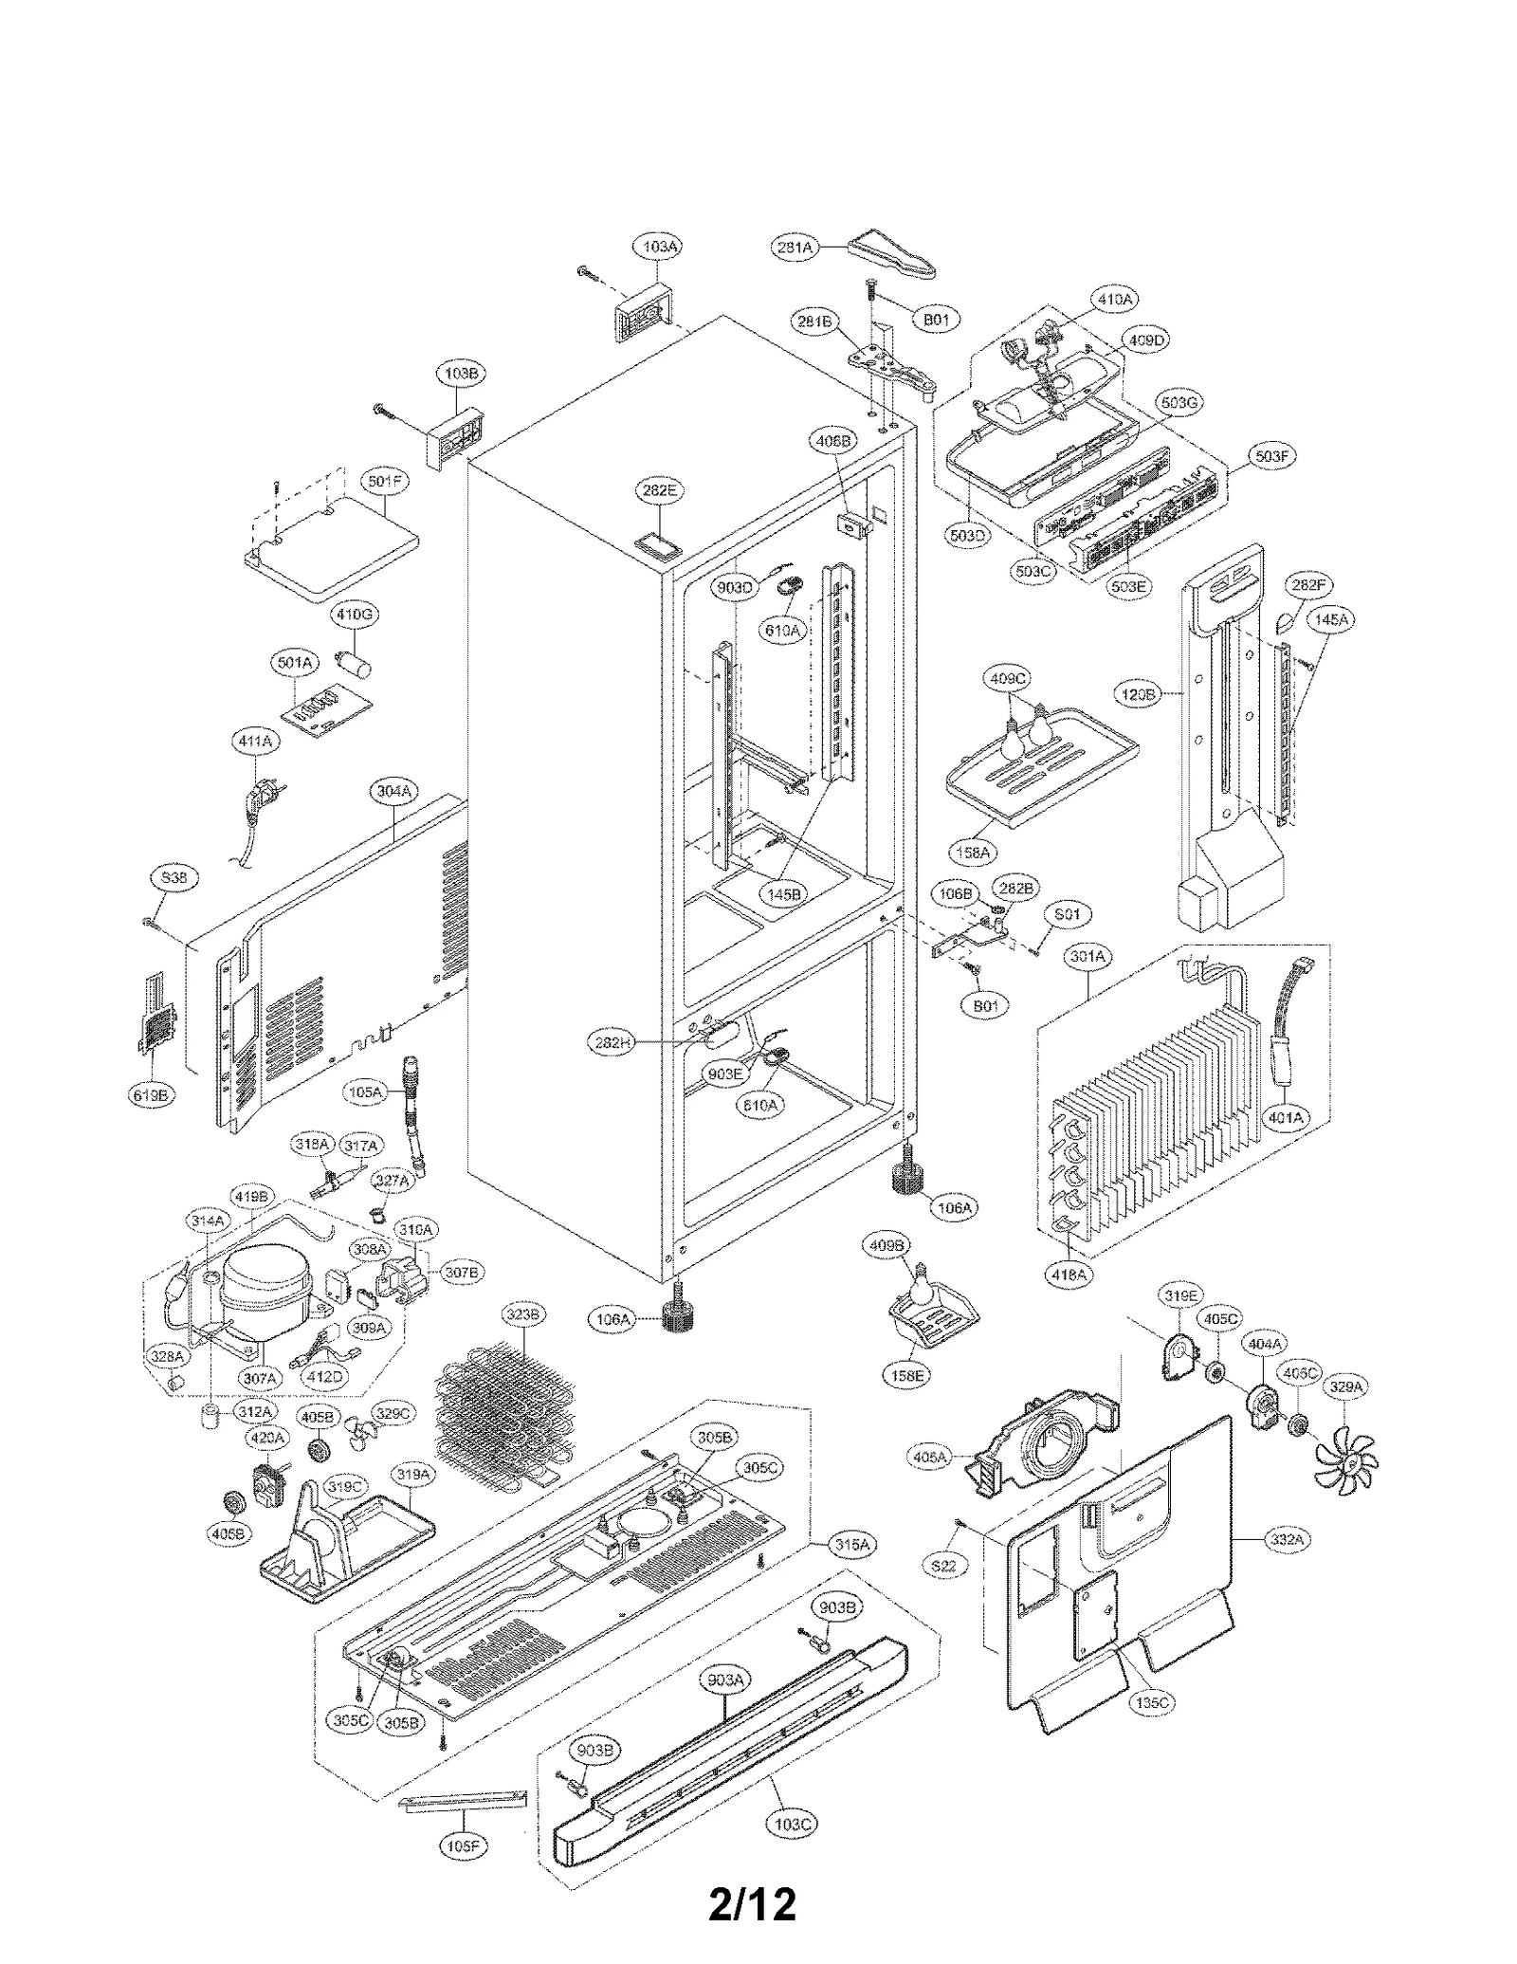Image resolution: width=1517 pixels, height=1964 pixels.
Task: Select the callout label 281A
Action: click(795, 248)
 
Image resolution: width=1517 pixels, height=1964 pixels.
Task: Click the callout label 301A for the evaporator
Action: click(1087, 957)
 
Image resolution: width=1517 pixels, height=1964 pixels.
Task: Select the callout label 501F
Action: click(385, 482)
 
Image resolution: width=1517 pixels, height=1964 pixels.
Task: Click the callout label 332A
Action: click(1287, 1540)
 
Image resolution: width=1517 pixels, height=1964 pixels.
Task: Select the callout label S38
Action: click(174, 878)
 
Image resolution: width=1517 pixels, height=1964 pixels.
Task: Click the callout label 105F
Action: click(464, 1846)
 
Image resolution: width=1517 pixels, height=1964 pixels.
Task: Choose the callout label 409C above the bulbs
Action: click(1007, 678)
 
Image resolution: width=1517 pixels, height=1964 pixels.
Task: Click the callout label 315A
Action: click(851, 1544)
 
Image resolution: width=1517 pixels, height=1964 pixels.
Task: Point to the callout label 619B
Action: click(152, 1094)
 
